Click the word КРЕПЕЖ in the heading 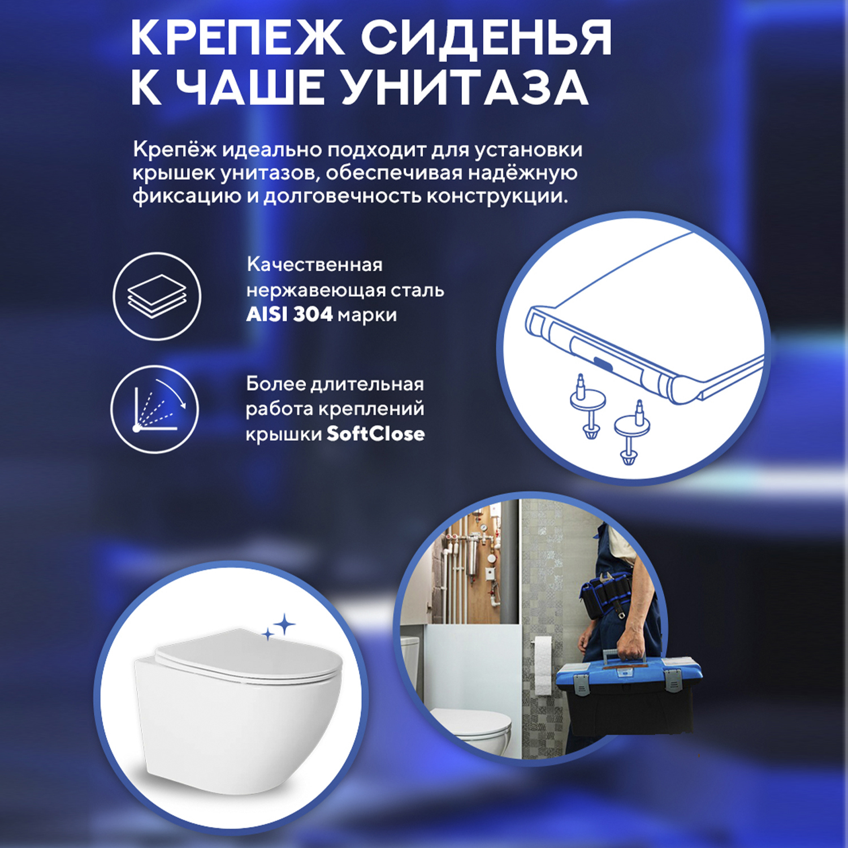237,37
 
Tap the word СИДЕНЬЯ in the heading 486,37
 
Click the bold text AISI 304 289,314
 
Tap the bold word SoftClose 375,434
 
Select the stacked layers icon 157,296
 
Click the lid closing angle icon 155,408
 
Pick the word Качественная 314,265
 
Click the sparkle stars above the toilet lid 280,627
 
